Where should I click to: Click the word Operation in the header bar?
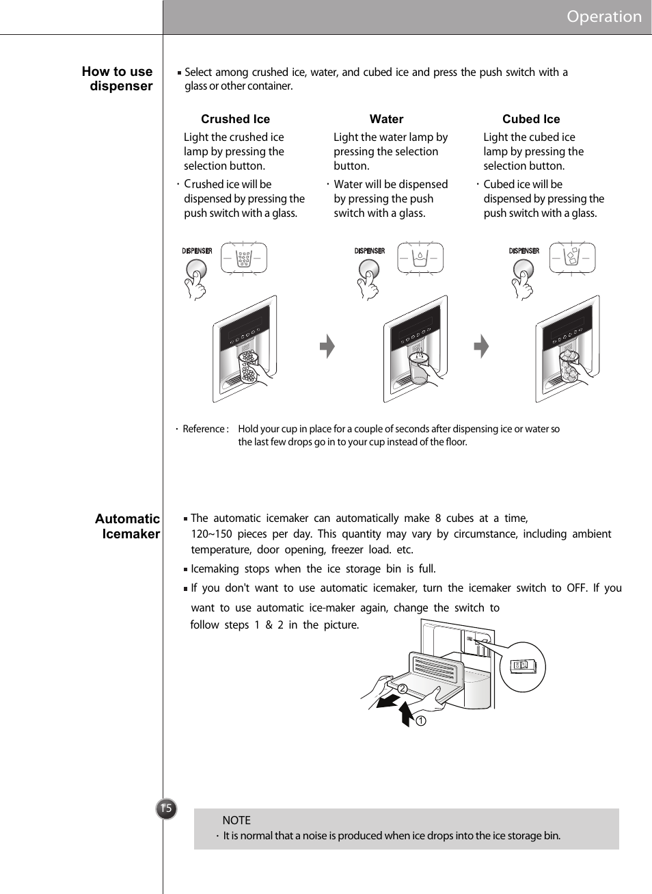[x=603, y=16]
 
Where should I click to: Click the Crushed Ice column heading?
[x=235, y=119]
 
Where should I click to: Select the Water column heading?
[x=386, y=119]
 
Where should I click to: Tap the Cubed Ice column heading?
[x=531, y=119]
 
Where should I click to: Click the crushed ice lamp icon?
[x=244, y=259]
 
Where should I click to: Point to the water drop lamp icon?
[x=420, y=259]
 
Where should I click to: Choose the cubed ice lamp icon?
[x=573, y=259]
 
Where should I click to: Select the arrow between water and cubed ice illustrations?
[x=482, y=346]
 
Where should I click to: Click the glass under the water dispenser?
[x=418, y=368]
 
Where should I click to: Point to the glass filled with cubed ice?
[x=569, y=366]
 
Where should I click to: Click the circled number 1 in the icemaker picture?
[x=421, y=721]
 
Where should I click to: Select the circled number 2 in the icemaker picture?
[x=403, y=689]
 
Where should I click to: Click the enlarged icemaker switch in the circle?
[x=523, y=666]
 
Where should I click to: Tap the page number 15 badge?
[x=166, y=808]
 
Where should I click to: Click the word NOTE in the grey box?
[x=236, y=820]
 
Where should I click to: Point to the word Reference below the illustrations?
[x=204, y=429]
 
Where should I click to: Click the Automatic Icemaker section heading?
[x=128, y=526]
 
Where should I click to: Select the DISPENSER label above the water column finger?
[x=370, y=251]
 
